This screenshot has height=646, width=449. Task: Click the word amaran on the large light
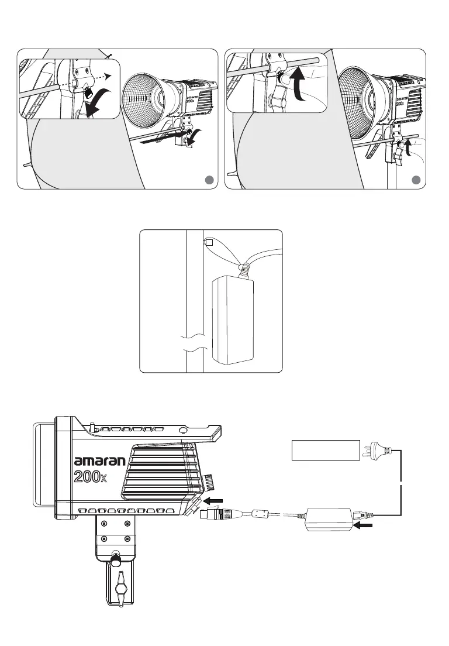pyautogui.click(x=100, y=461)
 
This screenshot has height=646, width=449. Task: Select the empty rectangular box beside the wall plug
pyautogui.click(x=326, y=449)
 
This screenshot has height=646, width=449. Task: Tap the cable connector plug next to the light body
pyautogui.click(x=216, y=515)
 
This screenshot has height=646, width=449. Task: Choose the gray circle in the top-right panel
pyautogui.click(x=416, y=180)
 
